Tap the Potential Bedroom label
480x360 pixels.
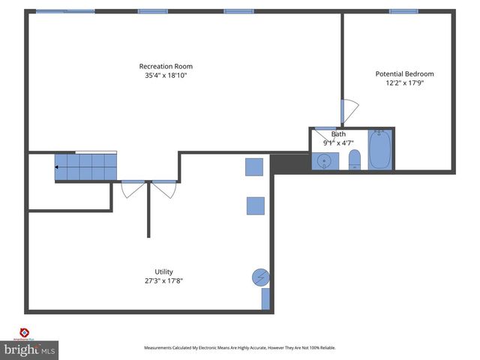[x=404, y=73]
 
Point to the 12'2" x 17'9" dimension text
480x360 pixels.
[x=404, y=83]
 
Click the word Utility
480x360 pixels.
[x=163, y=271]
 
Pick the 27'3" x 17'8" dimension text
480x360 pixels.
[x=163, y=281]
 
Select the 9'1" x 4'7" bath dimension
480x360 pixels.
[x=338, y=142]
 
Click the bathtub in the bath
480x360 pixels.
[x=379, y=151]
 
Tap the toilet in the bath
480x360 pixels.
[x=355, y=160]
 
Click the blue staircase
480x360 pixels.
[x=85, y=166]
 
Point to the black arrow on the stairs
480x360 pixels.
[x=57, y=166]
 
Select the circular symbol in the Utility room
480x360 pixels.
[x=259, y=277]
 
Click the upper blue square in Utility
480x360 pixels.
[x=255, y=166]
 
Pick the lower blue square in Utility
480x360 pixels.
[x=255, y=205]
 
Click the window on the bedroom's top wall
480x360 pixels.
[x=403, y=11]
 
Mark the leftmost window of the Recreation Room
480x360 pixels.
[x=65, y=11]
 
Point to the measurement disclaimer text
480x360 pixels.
[x=240, y=348]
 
